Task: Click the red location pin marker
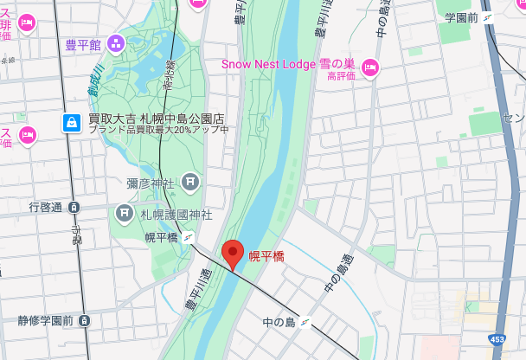pos(232,254)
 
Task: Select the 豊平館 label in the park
pos(83,44)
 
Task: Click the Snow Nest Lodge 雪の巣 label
pos(288,64)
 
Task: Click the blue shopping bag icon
pos(73,123)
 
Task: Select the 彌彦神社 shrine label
pos(151,183)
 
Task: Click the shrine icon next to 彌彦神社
pos(190,183)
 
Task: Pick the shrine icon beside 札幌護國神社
pos(125,213)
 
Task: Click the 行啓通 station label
pos(45,207)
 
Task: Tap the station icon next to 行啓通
pos(74,207)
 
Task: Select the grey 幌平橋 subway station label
pos(161,237)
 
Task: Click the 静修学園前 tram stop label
pos(45,320)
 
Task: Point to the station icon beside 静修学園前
pos(84,320)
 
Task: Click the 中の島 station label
pos(279,323)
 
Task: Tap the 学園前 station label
pos(462,17)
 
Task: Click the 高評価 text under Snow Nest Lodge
pos(342,77)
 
